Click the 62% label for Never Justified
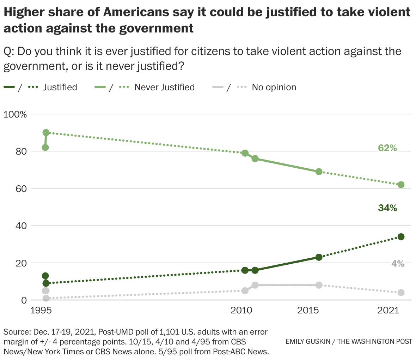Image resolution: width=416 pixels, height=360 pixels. coord(387,148)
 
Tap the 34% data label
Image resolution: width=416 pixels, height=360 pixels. coord(387,208)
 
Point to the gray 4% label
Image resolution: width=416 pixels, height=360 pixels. coord(398,263)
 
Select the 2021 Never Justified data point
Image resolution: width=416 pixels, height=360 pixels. coord(401,185)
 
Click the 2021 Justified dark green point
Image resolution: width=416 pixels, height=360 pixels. coord(401,236)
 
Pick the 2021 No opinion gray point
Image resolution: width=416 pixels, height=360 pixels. coord(401,293)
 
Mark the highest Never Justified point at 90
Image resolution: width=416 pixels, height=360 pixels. coord(46,133)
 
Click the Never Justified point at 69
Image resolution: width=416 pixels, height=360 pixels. coord(319,172)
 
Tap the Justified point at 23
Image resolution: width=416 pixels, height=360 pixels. coord(319,257)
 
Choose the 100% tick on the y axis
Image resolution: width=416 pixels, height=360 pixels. coord(15,114)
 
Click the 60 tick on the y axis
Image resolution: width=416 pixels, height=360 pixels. coord(22,188)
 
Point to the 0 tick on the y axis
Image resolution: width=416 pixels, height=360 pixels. coord(24,300)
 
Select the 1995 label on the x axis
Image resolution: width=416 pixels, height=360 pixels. coord(41,311)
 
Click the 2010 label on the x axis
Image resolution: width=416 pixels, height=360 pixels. coord(241,311)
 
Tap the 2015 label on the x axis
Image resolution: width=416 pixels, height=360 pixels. coord(308,311)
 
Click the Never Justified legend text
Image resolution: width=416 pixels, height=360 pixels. coord(164,87)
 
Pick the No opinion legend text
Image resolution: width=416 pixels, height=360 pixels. coord(274,87)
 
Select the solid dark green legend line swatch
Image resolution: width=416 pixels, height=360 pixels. coord(9,87)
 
